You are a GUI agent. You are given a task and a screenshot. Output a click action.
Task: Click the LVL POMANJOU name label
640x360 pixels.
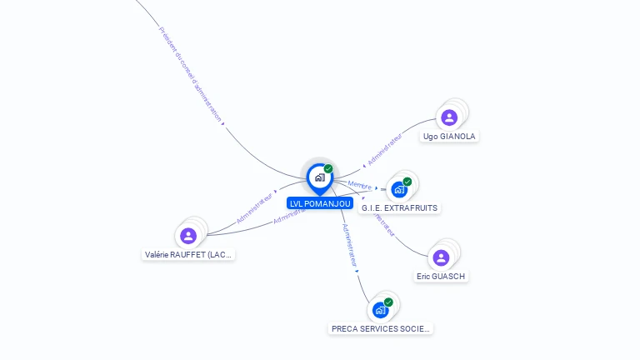pos(320,203)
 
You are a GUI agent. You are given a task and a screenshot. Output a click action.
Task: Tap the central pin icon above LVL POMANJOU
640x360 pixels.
pos(319,177)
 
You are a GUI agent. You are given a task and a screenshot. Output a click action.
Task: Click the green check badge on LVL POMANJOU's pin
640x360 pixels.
pos(328,169)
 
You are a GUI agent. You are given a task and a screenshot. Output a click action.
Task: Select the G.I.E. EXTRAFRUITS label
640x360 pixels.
pos(399,207)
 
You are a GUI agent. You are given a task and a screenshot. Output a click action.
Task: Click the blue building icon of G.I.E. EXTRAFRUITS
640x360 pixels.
pos(399,190)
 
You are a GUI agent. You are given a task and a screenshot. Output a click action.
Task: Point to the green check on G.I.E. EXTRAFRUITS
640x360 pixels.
pos(407,182)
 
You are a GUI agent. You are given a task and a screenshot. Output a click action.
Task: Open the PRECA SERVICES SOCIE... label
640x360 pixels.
pos(381,328)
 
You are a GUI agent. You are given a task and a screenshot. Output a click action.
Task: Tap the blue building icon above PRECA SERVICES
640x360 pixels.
pos(380,310)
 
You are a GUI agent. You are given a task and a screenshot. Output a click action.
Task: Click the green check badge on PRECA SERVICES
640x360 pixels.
pos(388,302)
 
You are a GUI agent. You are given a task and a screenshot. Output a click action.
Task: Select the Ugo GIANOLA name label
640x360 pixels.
pos(450,136)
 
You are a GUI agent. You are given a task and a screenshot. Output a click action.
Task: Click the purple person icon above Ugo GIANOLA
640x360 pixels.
pos(449,117)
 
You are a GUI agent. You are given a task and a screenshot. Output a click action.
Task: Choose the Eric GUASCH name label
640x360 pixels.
pos(441,276)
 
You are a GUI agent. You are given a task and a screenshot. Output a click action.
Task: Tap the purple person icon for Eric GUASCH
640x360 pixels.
pos(441,257)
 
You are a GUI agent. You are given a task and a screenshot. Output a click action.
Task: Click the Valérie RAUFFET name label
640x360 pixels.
pos(188,254)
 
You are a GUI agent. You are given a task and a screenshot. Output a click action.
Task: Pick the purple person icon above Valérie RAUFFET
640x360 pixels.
pos(188,236)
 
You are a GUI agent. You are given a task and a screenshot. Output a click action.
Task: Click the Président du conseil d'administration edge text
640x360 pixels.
pos(191,75)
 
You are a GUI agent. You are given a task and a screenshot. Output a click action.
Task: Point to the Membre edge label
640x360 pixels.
pos(360,185)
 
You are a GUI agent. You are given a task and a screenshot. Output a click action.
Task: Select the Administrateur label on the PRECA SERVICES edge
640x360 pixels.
pos(350,243)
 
